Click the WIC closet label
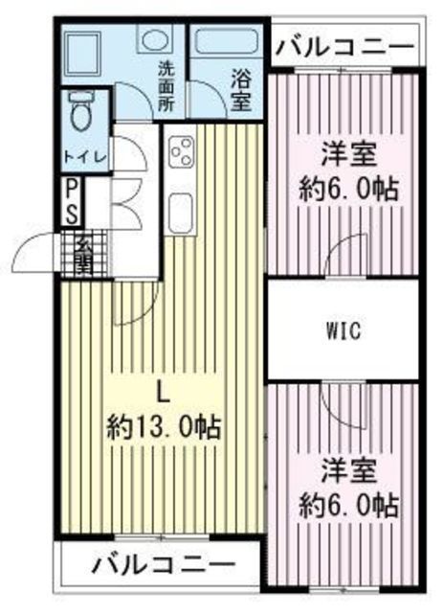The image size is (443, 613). point(343,330)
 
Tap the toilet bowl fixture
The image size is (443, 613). point(81,111)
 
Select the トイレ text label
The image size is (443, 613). point(85,157)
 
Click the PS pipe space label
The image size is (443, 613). point(73,201)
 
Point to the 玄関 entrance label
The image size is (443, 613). point(84,255)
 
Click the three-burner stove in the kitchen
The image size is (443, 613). point(181,150)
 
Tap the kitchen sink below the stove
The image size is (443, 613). point(181,211)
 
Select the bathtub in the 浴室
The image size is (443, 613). point(226,43)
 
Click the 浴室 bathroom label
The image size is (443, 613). point(240,89)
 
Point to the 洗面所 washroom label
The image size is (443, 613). point(166,86)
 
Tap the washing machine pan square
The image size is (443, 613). point(82,54)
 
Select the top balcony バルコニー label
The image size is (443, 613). point(345,47)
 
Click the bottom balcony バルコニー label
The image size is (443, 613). point(165,564)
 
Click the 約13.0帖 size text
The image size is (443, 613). point(165,427)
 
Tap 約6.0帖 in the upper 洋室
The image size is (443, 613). point(349,189)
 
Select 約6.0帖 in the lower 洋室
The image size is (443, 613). point(349,506)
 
